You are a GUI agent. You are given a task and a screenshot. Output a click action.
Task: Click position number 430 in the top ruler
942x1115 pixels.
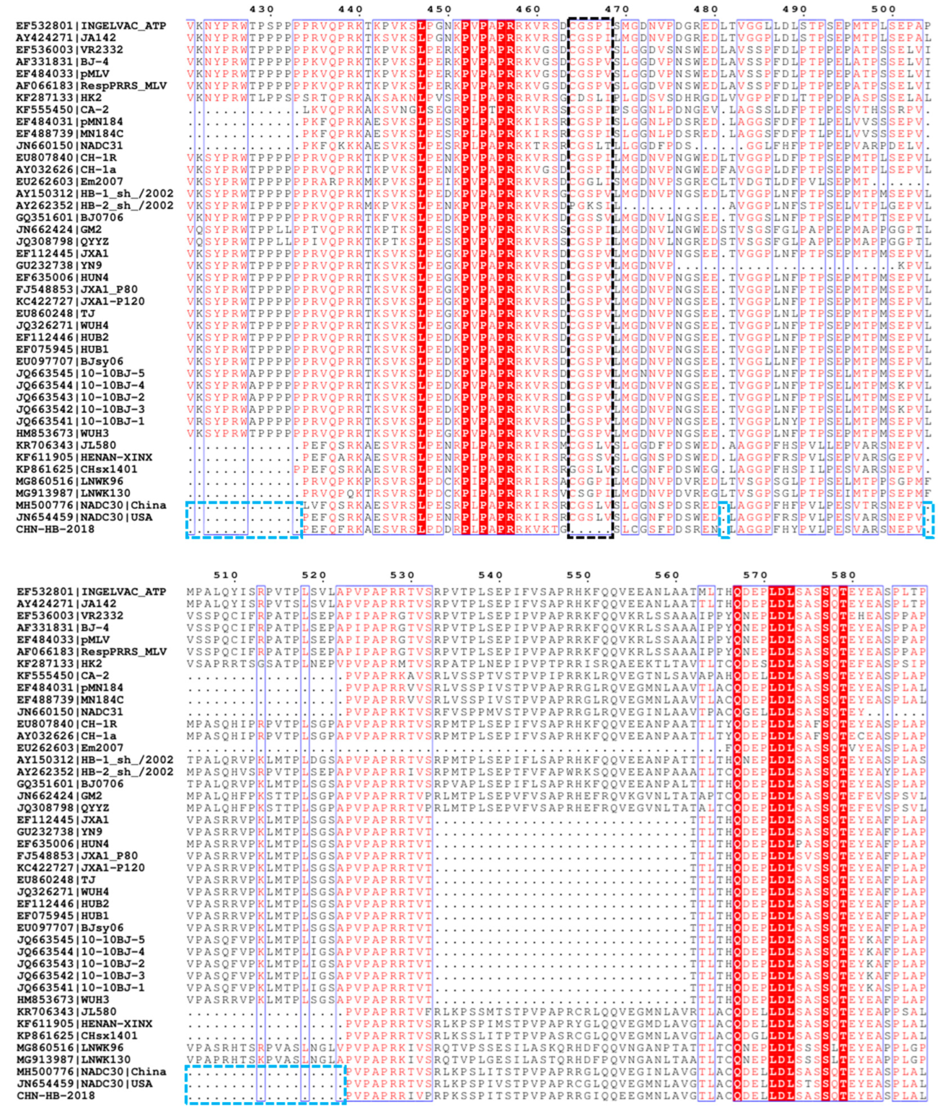click(x=262, y=10)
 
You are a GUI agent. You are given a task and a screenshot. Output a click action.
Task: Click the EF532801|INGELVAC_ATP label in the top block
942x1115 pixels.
click(x=91, y=26)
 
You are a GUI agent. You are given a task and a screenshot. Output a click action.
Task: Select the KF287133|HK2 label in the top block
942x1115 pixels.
click(x=59, y=98)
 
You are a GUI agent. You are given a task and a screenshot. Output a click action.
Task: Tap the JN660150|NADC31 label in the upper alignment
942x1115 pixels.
click(x=69, y=145)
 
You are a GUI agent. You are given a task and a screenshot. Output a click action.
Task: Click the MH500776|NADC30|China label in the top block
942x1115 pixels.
click(x=91, y=505)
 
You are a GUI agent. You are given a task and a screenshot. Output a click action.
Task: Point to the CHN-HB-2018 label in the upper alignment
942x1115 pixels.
click(x=56, y=529)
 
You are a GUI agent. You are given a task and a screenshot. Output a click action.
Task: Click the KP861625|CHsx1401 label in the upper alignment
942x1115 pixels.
click(x=77, y=469)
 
